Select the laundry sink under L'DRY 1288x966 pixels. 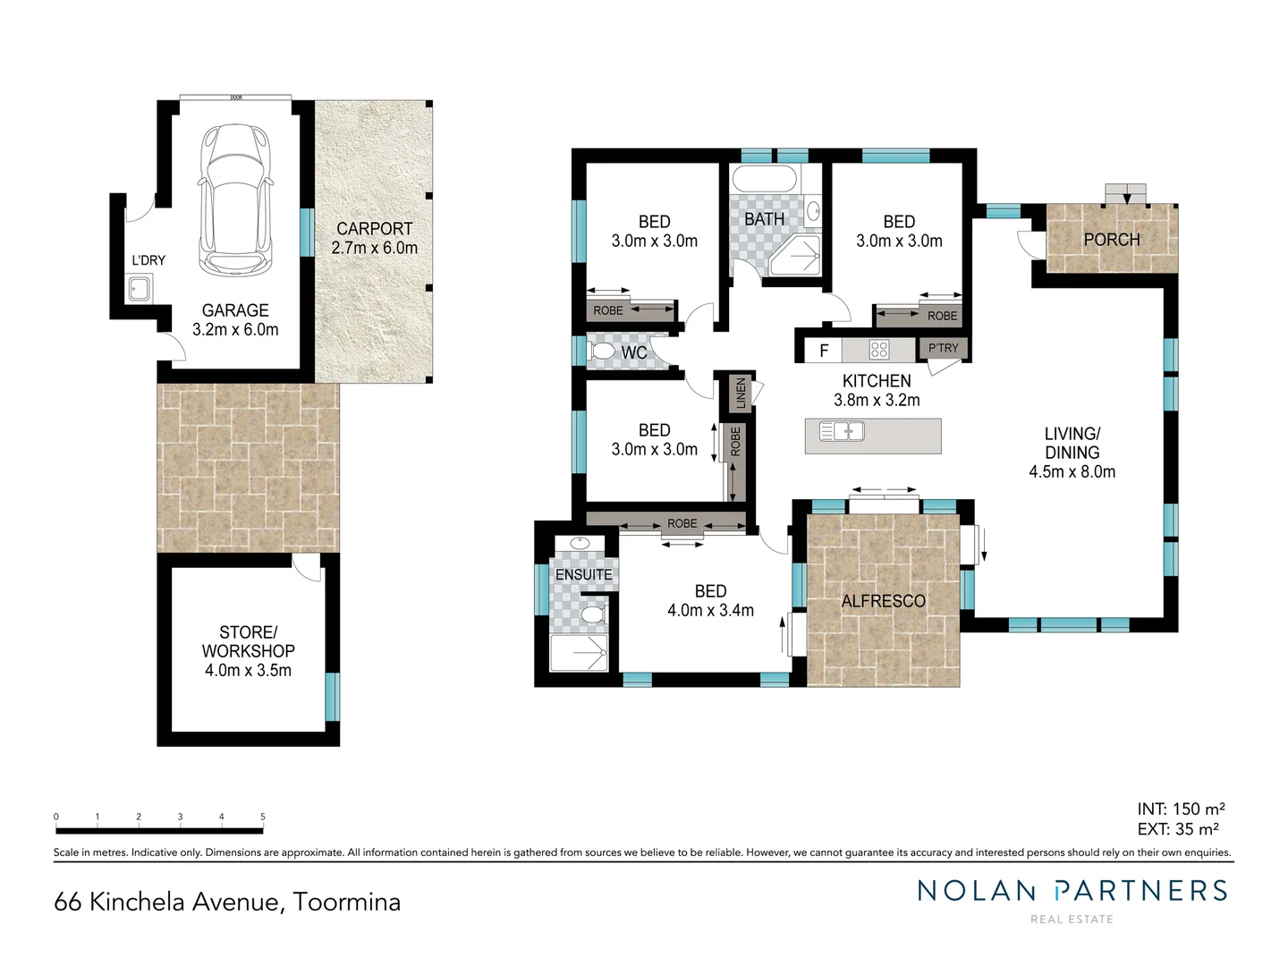coord(140,289)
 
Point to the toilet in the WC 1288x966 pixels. coord(604,352)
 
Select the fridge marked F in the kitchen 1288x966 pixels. coord(824,350)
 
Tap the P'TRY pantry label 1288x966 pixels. coord(943,348)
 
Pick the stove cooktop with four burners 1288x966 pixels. coord(879,350)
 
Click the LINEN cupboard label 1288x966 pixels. coord(741,393)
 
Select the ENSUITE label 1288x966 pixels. coord(583,574)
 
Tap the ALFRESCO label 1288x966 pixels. coord(883,601)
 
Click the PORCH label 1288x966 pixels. coord(1111,240)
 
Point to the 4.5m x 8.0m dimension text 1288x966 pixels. coord(1072,472)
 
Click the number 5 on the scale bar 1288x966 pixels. coord(262,817)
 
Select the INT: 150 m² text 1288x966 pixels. coord(1181,809)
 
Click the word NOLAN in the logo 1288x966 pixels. coord(976,890)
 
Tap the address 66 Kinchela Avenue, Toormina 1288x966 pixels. coord(227,902)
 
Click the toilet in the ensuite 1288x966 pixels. coord(591,616)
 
